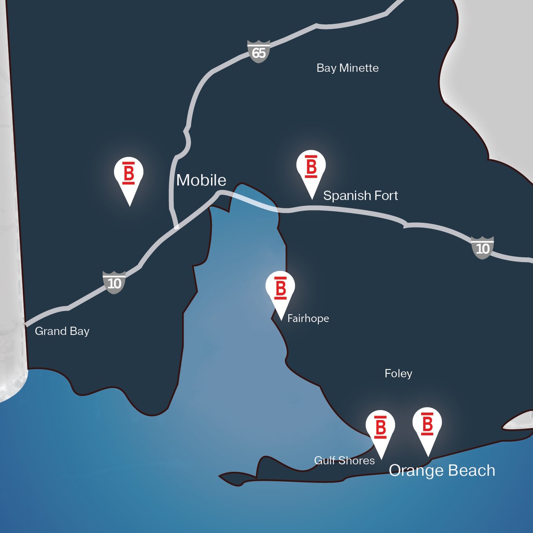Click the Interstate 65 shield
tap(259, 51)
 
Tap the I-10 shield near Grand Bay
tap(114, 282)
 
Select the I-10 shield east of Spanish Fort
tap(482, 248)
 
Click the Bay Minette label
tap(347, 68)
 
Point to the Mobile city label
tap(201, 180)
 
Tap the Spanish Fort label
tap(360, 195)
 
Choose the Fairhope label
tap(308, 318)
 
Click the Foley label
tap(398, 373)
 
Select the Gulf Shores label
tap(344, 460)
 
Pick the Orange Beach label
tap(442, 470)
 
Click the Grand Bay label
tap(62, 331)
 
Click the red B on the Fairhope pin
tap(280, 288)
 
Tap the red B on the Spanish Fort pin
tap(311, 167)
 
